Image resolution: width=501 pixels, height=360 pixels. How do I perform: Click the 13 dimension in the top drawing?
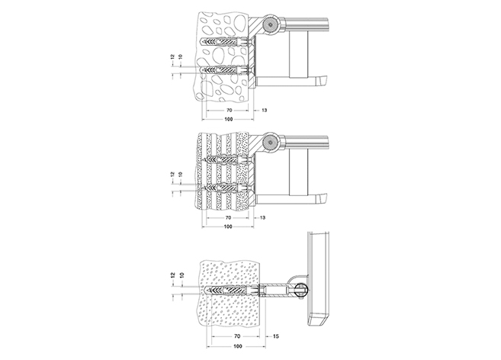265,111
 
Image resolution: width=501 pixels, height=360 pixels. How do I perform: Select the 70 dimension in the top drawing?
229,111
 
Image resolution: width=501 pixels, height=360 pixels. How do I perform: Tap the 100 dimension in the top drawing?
229,119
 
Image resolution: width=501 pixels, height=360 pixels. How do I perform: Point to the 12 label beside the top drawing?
172,57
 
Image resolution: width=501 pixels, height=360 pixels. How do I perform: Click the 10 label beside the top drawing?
181,57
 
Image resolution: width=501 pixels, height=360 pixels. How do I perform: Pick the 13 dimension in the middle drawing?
262,217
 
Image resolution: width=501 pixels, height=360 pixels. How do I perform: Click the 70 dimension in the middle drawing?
228,217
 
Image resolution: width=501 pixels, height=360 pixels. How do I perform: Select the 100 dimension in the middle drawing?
228,227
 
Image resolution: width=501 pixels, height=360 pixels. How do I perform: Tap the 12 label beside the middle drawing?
172,175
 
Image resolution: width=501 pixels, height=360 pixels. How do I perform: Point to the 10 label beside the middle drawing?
181,175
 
